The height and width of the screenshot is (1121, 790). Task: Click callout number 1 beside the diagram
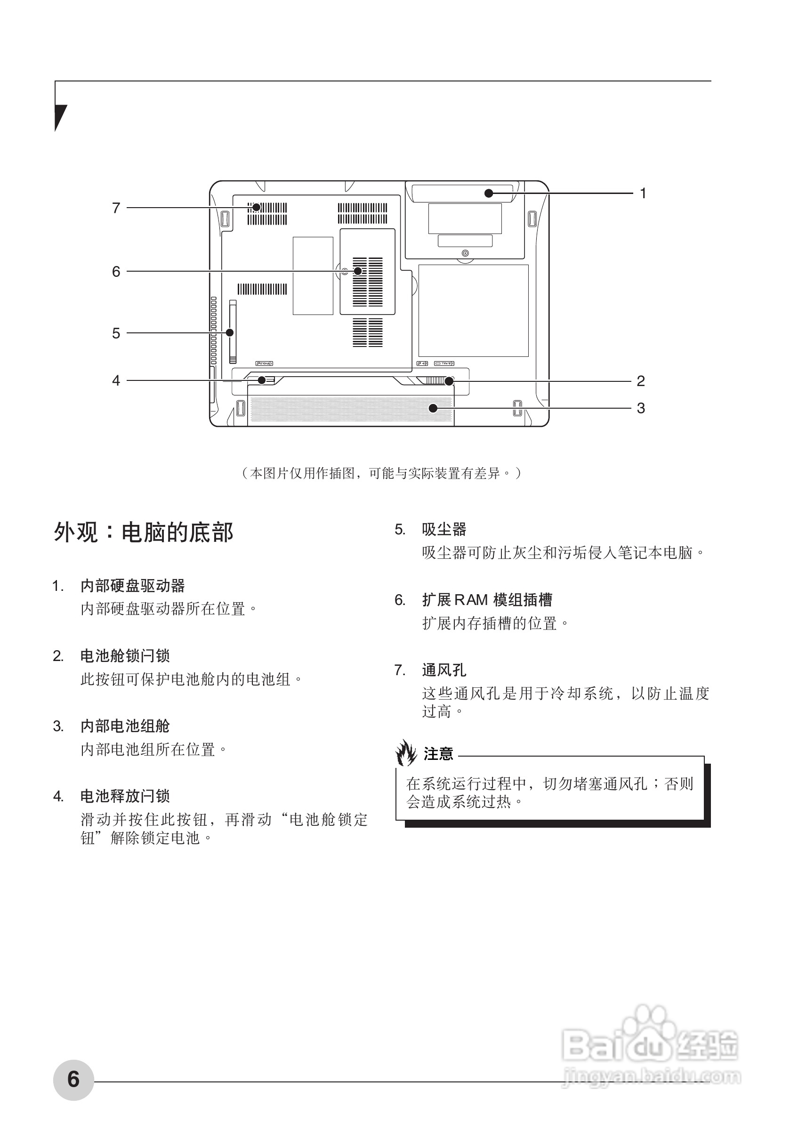pos(643,194)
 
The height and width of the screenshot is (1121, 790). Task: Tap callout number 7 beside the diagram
pos(116,208)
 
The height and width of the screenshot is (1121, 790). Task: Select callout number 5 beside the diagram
pos(116,333)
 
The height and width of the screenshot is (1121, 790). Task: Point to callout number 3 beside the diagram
pos(641,408)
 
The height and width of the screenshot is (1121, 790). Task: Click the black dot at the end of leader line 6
pos(358,271)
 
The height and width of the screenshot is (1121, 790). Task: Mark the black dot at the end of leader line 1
pos(488,194)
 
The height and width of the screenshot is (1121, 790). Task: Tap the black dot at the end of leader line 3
pos(433,408)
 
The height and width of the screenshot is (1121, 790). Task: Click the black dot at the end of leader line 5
pos(229,333)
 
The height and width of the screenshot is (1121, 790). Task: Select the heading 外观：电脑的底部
pos(144,532)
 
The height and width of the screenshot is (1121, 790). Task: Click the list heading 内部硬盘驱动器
pos(132,585)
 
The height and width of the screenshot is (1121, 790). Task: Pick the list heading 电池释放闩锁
pos(125,796)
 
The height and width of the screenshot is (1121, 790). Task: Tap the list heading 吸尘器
pos(444,529)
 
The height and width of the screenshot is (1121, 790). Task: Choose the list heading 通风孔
pos(444,670)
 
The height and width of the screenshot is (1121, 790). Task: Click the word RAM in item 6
pos(471,599)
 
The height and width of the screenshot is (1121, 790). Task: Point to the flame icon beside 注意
pos(406,753)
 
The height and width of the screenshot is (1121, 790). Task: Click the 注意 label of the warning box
pos(438,754)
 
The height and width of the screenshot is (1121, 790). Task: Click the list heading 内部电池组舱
pos(125,726)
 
